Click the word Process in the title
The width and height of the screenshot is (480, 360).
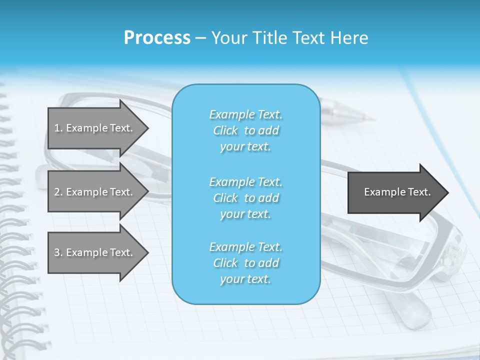click(157, 38)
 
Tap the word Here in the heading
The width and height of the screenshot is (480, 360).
click(348, 38)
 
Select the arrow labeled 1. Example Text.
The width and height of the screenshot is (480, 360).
click(95, 128)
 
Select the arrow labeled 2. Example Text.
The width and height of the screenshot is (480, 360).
click(95, 192)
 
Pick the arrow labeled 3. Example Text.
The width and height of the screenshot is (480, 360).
click(95, 252)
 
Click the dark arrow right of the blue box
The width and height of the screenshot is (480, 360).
click(395, 192)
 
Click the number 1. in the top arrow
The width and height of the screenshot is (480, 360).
click(58, 128)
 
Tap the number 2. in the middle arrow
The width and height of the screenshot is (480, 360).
click(58, 192)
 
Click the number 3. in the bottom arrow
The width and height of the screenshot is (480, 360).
click(58, 252)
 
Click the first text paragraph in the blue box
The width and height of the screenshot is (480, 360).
click(245, 130)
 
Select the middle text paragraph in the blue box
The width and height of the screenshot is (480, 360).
click(245, 198)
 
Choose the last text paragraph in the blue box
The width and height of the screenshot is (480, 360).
click(245, 263)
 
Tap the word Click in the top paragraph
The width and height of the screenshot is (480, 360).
click(225, 131)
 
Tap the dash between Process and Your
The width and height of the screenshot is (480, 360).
click(200, 38)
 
